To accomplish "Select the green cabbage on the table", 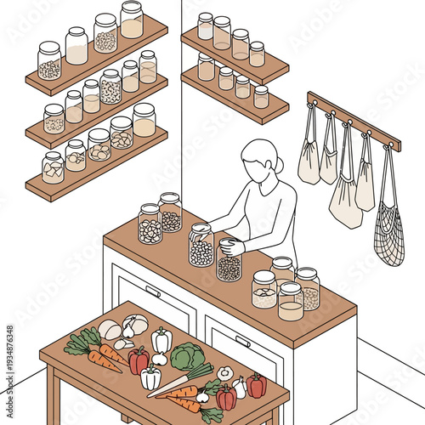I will [187, 356].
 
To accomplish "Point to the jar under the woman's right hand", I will [201, 246].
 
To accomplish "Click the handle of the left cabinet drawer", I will [153, 291].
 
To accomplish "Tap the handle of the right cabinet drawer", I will [243, 341].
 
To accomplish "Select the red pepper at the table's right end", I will [257, 386].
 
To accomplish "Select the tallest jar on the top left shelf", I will [132, 20].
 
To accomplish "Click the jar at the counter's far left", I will [150, 224].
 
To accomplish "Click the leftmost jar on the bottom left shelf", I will [53, 167].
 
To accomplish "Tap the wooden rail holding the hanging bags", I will [353, 120].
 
